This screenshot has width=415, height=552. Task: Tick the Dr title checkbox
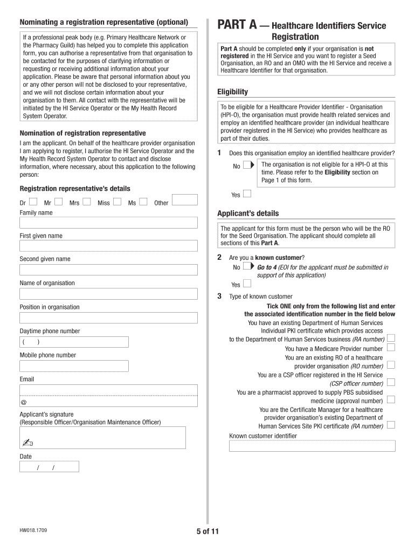(33, 202)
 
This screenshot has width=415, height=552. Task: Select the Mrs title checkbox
(86, 202)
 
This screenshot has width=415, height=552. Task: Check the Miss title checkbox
(117, 202)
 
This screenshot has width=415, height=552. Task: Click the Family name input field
(108, 223)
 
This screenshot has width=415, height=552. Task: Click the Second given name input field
(108, 270)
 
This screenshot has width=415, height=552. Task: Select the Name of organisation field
(108, 294)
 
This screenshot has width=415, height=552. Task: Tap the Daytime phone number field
(74, 342)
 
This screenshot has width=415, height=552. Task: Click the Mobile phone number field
(74, 366)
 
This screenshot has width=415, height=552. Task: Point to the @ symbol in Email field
(23, 403)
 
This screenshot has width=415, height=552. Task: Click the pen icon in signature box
(28, 443)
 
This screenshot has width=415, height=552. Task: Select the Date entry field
(49, 467)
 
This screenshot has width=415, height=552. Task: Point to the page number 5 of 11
(207, 532)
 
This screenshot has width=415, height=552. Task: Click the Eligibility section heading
(232, 92)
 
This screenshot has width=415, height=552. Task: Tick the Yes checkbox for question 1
(247, 194)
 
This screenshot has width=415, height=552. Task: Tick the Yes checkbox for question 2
(247, 284)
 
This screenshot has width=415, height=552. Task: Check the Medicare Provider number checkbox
(391, 348)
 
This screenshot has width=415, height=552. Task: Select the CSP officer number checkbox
(391, 382)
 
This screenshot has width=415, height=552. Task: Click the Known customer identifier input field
(312, 446)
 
